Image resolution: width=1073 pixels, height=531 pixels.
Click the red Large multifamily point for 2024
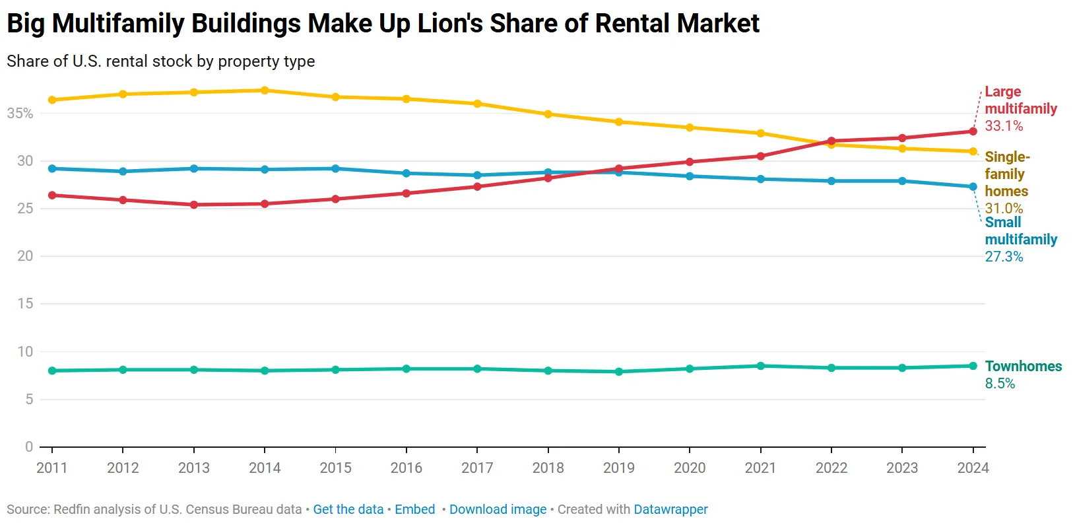973,131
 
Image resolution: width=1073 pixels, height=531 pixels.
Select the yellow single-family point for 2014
265,90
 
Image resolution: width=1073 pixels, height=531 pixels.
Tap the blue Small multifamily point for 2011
52,168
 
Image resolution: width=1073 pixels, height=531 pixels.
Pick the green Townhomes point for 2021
760,366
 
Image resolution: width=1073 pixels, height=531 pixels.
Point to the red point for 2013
194,205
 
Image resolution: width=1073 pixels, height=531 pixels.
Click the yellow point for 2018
548,114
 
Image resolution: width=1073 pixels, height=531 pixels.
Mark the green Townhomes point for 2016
406,369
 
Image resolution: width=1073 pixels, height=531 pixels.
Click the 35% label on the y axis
20,114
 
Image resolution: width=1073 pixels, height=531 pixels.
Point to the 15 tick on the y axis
25,304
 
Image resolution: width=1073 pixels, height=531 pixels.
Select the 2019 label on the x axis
618,468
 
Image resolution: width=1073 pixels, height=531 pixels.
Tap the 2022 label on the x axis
831,468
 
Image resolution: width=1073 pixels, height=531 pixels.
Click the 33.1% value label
1004,126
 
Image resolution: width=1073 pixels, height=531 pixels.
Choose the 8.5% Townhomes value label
1000,384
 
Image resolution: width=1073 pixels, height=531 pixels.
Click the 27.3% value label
1004,257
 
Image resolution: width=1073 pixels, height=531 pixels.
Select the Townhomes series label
1023,367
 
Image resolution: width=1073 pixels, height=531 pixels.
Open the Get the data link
348,510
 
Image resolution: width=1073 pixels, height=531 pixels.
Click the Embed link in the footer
414,510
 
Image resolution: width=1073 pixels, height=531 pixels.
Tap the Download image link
498,510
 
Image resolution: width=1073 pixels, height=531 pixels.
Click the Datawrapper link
670,510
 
